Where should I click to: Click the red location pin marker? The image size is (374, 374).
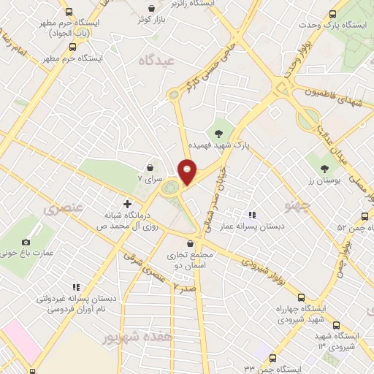(188, 172)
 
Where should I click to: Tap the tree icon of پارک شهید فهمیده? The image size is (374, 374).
(217, 132)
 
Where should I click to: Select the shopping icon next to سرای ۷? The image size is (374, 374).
(150, 168)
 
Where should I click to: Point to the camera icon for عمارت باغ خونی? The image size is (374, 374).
(27, 242)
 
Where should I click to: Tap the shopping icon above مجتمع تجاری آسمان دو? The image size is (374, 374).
(191, 243)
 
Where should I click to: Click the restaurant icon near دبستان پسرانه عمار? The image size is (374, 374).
(252, 215)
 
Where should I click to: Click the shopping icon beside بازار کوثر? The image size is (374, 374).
(151, 8)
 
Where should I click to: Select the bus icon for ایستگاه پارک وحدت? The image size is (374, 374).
(334, 14)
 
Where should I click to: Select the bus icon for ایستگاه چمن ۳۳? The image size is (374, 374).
(272, 358)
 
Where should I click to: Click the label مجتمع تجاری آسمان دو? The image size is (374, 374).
(191, 260)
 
